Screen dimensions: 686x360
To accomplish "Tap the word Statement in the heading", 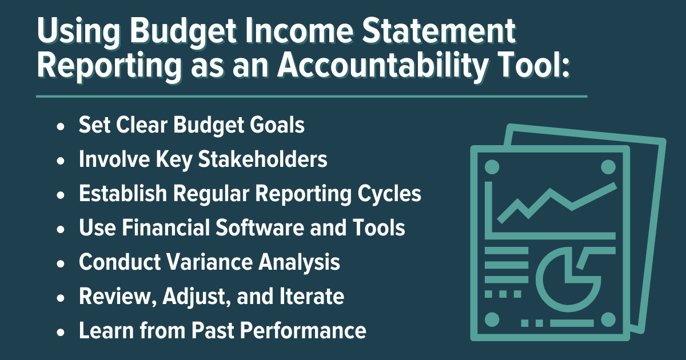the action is pos(439,31).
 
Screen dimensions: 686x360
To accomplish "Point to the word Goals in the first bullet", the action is pos(277,125).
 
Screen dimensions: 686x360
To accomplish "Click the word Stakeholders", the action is pos(262,159).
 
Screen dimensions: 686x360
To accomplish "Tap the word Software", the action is pos(260,228).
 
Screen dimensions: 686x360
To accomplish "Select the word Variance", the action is pos(209,262).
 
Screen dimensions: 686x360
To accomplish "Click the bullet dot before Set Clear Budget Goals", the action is pos(61,126).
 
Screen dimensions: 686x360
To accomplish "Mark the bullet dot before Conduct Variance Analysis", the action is pos(61,263).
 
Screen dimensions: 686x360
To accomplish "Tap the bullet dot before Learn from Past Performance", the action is pos(61,332).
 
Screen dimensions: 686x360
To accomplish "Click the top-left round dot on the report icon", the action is pos(492,167).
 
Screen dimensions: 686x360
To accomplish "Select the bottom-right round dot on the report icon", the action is pos(608,320).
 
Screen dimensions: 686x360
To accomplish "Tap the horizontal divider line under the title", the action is pos(312,97).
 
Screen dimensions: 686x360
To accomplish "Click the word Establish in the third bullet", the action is pos(123,194).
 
